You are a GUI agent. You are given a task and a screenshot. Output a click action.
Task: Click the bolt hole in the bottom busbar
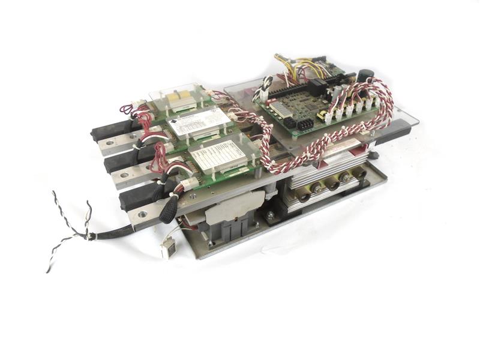coord(143,212)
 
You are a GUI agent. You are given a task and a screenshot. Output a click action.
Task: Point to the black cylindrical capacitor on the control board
coord(365,77)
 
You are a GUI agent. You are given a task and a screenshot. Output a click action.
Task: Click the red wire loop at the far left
coord(127,109)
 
